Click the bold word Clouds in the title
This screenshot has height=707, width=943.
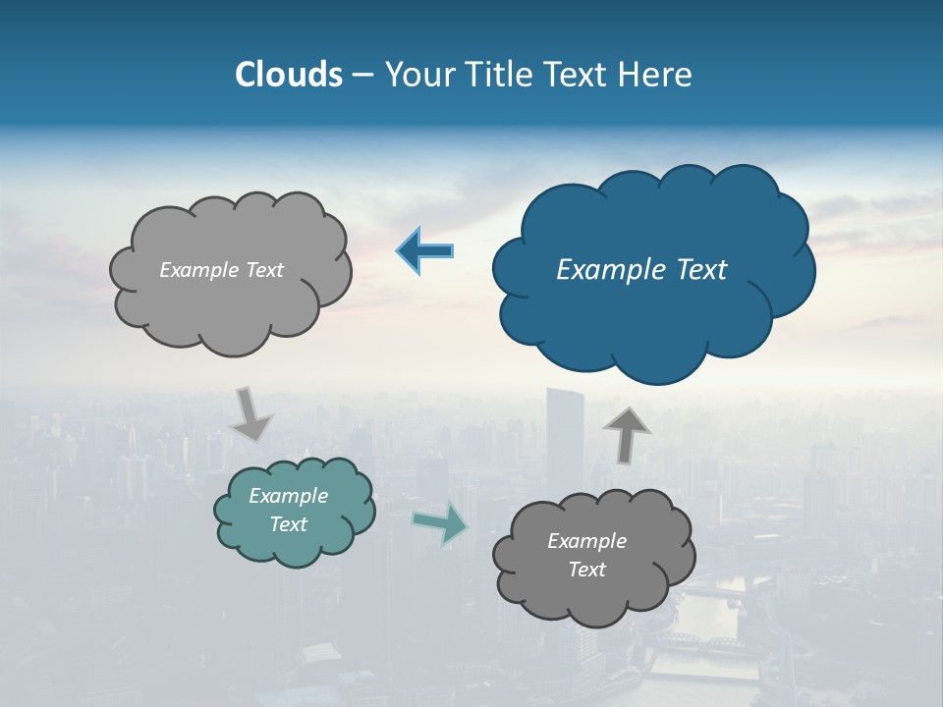[x=289, y=75]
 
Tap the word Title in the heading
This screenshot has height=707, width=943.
[x=500, y=75]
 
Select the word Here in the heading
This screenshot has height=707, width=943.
[x=658, y=75]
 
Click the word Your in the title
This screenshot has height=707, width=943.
[x=417, y=75]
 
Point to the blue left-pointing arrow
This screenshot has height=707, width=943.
[x=425, y=251]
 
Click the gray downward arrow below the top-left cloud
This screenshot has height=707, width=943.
[x=250, y=413]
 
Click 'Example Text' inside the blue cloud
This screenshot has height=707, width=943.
[x=641, y=270]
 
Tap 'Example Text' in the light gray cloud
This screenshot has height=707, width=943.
[x=221, y=270]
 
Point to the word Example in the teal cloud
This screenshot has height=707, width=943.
[x=289, y=496]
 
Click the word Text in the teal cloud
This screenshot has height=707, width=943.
[x=289, y=524]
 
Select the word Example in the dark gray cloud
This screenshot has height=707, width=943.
[x=586, y=541]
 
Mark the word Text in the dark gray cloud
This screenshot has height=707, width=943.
[x=586, y=570]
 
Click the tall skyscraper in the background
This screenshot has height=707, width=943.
[x=565, y=442]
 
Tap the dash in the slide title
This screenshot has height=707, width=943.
[x=362, y=76]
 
